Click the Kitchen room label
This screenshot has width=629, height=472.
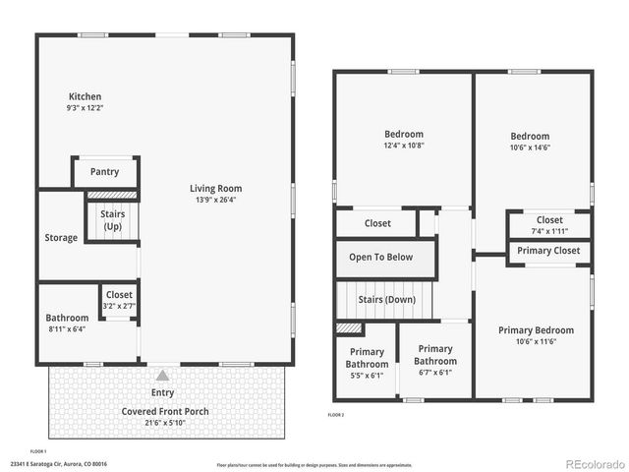pos(85,96)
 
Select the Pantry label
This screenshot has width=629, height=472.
pos(104,172)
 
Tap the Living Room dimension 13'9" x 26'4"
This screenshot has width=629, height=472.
pos(216,200)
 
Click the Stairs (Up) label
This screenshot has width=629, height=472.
pos(112,220)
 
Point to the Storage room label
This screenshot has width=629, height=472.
pos(61,238)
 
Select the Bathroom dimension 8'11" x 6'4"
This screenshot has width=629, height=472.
pos(67,329)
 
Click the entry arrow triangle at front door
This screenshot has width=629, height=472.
pos(162,375)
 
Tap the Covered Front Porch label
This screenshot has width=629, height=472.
pos(165,411)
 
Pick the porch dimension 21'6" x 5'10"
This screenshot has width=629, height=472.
pos(165,423)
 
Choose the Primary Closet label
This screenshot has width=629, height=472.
pos(549,251)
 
